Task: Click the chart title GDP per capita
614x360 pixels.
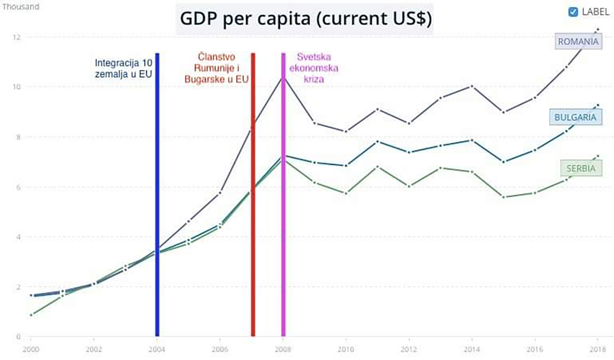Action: click(305, 19)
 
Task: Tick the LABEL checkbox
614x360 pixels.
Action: click(573, 12)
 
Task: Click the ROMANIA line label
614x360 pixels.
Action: click(578, 42)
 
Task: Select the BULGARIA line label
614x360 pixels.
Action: click(575, 118)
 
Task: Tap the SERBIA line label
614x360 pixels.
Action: click(581, 168)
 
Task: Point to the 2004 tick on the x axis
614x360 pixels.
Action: click(157, 349)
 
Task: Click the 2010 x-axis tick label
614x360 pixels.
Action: click(346, 349)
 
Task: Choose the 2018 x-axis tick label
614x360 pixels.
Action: click(598, 349)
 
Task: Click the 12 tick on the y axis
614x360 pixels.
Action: click(16, 37)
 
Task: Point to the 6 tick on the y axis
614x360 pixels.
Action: click(18, 187)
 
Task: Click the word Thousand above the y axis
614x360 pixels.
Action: click(20, 7)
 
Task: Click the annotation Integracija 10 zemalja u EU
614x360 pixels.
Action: click(123, 68)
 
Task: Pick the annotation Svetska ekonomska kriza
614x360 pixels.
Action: click(314, 68)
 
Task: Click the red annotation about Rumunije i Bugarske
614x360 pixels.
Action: click(216, 68)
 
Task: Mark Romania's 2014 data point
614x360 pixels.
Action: click(472, 86)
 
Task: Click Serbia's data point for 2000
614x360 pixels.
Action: click(31, 315)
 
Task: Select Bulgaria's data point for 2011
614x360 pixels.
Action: click(377, 142)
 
